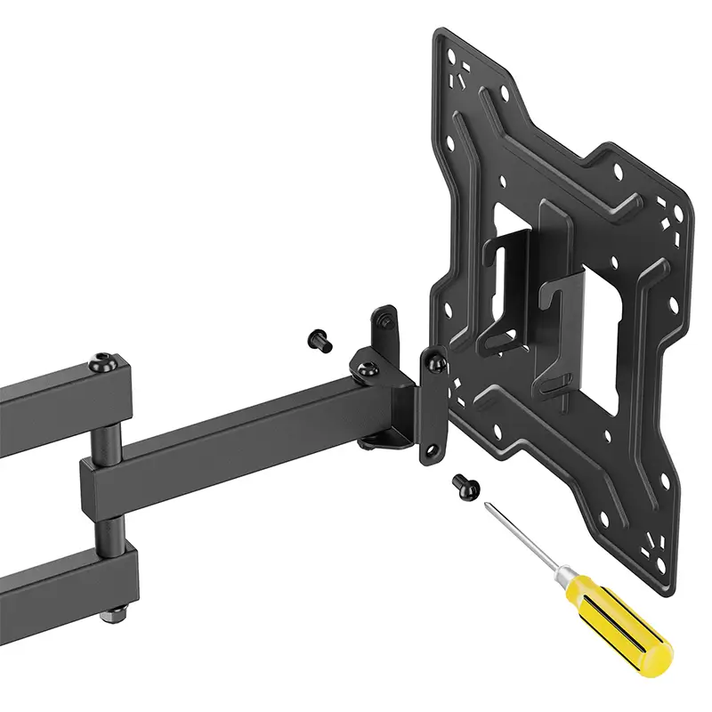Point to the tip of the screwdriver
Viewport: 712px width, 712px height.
pos(487,506)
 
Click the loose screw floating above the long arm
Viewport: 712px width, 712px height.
pos(320,338)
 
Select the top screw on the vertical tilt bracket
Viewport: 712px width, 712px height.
pos(435,362)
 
